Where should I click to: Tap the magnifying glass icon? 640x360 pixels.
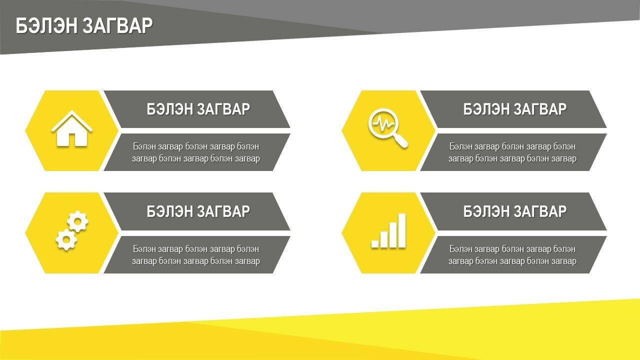387,127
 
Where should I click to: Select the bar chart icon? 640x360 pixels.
388,230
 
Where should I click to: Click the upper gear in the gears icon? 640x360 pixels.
77,221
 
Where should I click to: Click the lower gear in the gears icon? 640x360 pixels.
66,239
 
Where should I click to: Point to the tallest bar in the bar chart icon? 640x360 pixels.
402,230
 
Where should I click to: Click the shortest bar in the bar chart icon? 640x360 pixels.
375,244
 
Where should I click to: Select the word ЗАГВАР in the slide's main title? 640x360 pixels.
117,25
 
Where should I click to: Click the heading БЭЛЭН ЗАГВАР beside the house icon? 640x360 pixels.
198,109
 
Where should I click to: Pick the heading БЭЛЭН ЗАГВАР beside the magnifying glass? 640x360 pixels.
515,109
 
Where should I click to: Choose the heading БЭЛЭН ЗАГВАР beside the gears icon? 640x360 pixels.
198,211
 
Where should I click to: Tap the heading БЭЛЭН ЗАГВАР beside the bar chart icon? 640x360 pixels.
515,211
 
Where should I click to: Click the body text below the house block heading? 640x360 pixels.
196,152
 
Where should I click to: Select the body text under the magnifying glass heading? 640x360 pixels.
512,152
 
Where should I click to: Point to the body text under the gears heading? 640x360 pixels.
196,255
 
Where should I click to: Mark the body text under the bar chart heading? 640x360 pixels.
512,255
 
